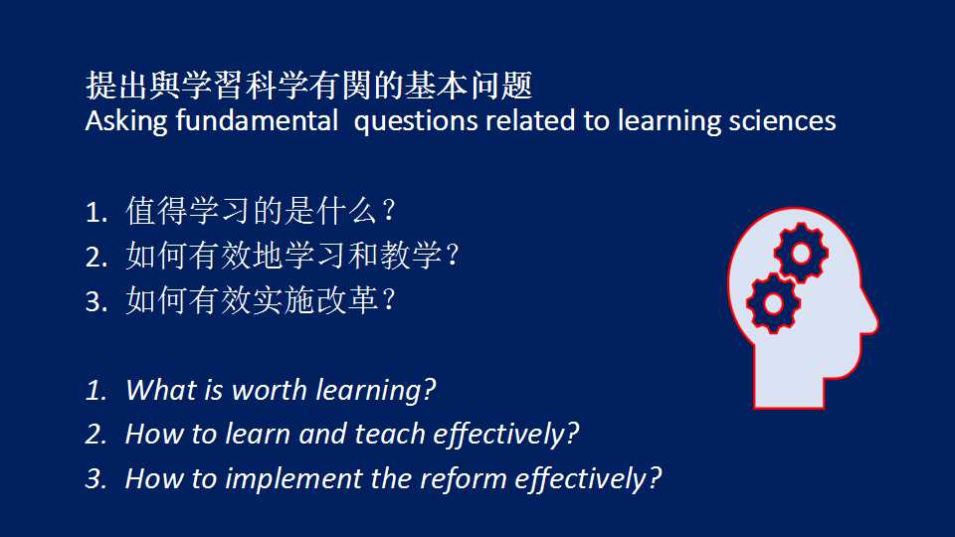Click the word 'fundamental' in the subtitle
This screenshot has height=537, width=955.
[257, 120]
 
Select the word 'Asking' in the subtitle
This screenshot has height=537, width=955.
[126, 121]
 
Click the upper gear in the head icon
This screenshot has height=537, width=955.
[801, 253]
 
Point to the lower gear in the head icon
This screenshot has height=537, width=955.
[774, 303]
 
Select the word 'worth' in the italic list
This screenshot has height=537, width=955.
[270, 390]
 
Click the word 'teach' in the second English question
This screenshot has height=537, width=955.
[390, 435]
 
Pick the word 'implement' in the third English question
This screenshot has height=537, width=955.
[293, 479]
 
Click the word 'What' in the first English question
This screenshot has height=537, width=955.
[161, 390]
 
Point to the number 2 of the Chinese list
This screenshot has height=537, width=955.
[95, 258]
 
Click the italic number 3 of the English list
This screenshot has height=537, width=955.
[95, 478]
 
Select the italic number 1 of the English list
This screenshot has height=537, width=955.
[95, 390]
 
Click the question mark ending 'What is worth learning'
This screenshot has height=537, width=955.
[429, 390]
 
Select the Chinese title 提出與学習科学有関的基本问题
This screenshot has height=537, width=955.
[309, 85]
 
